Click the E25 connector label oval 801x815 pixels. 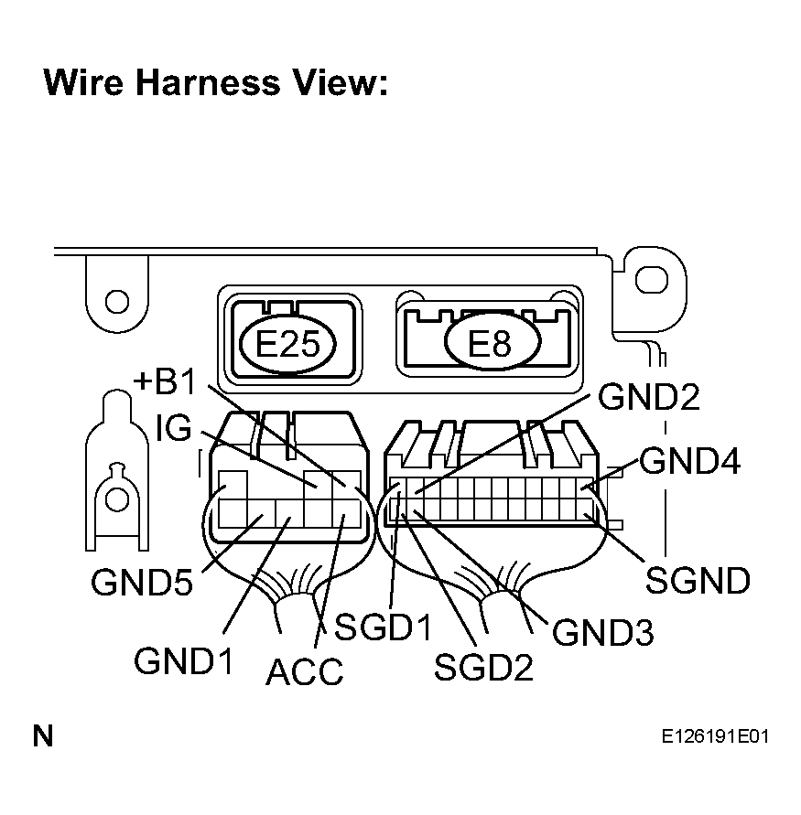287,344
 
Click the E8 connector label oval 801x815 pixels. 493,342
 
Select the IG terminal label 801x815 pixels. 174,428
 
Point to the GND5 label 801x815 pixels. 142,582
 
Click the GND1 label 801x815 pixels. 184,661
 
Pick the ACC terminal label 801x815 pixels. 305,671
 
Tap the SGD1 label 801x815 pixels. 384,627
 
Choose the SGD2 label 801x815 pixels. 483,668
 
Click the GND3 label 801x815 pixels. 603,633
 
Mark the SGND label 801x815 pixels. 698,580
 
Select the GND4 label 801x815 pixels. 689,460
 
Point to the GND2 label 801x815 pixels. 649,397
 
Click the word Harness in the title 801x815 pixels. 208,82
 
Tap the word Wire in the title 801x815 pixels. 83,82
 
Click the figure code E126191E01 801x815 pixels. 715,736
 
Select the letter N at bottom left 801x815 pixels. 43,736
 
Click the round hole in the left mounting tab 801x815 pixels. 117,302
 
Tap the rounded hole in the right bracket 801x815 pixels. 652,280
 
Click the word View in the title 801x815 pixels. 341,82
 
